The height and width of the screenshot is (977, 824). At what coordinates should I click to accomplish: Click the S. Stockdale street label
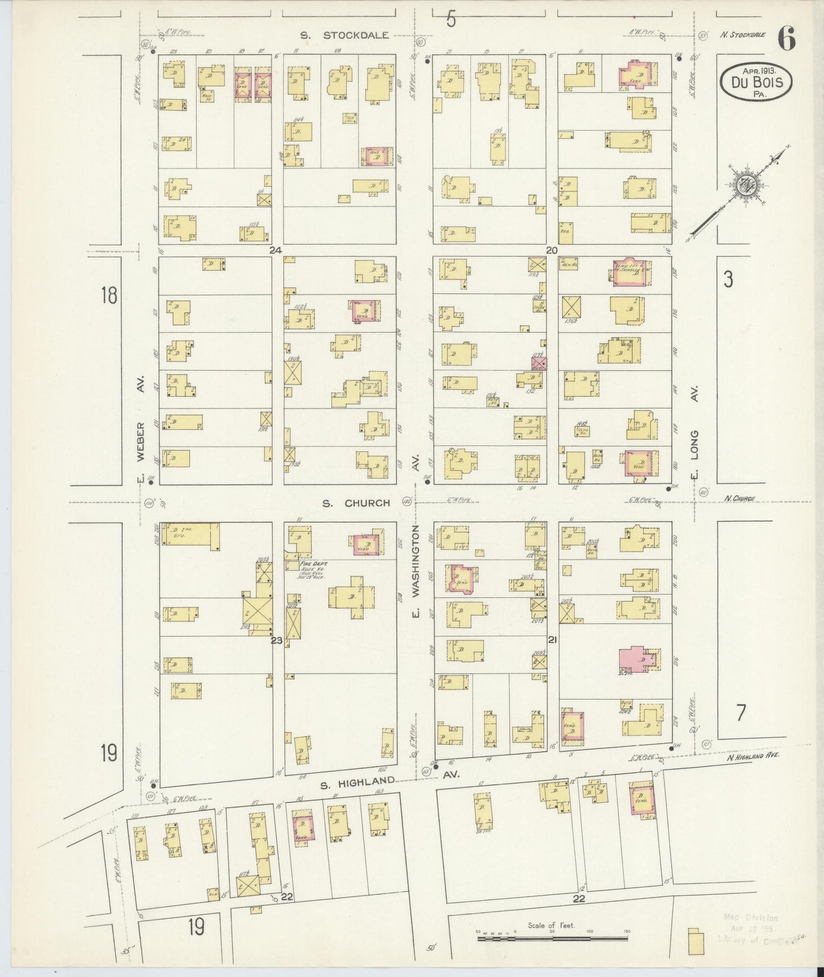(345, 35)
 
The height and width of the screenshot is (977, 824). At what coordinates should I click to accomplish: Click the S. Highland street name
(358, 784)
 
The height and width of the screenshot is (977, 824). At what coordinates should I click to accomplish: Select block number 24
(277, 250)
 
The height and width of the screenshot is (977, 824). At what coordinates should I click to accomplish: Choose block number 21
(552, 640)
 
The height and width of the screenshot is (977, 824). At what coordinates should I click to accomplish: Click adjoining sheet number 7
(740, 713)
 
